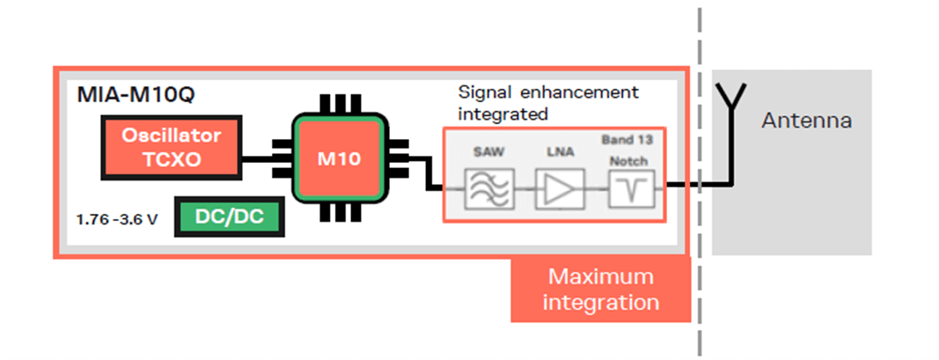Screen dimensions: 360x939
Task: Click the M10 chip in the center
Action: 339,159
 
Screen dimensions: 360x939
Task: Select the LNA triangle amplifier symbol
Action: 557,189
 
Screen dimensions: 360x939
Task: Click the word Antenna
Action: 805,121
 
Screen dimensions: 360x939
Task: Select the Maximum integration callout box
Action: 600,290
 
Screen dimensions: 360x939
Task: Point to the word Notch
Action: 627,161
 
